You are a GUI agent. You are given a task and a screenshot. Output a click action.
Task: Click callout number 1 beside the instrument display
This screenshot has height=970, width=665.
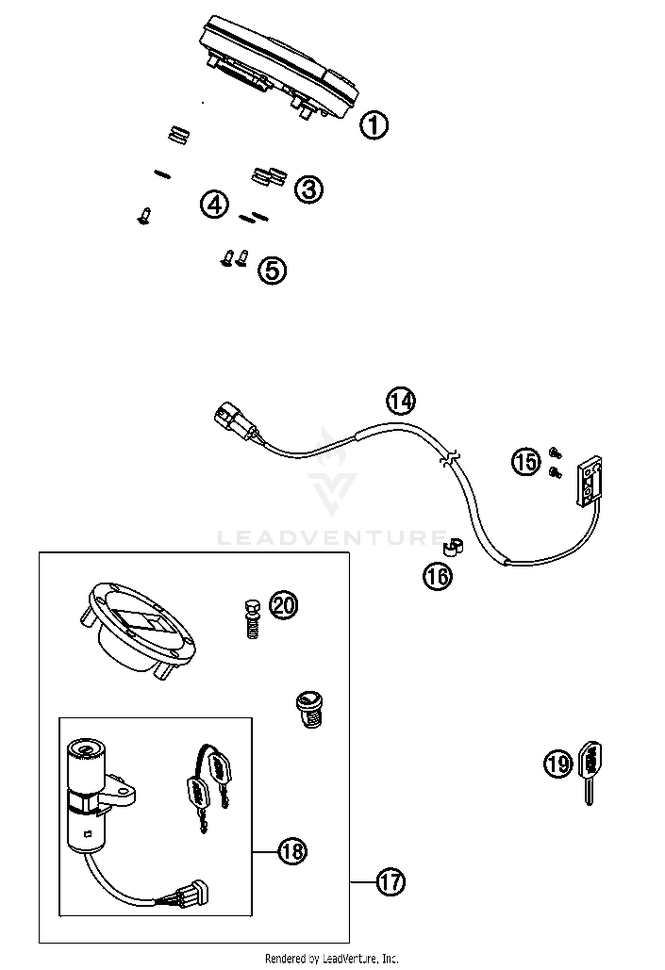click(373, 125)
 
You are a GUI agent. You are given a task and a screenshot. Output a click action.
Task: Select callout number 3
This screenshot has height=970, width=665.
click(309, 189)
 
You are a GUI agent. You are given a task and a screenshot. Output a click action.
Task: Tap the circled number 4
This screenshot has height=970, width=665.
click(215, 205)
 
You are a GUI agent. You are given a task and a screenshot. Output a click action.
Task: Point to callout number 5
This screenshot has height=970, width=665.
click(272, 270)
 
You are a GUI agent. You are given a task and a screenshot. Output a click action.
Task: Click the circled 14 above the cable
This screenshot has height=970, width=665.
click(401, 401)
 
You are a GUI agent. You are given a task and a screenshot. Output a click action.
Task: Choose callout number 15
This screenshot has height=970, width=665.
click(527, 462)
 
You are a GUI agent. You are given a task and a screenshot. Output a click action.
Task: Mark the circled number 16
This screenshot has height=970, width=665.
click(438, 576)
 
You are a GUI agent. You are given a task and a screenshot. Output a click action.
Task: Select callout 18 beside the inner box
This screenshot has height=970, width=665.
click(293, 851)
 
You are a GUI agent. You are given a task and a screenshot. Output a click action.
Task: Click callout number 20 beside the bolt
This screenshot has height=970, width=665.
click(284, 604)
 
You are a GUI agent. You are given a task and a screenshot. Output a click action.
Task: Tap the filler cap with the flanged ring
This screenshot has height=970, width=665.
click(137, 629)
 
